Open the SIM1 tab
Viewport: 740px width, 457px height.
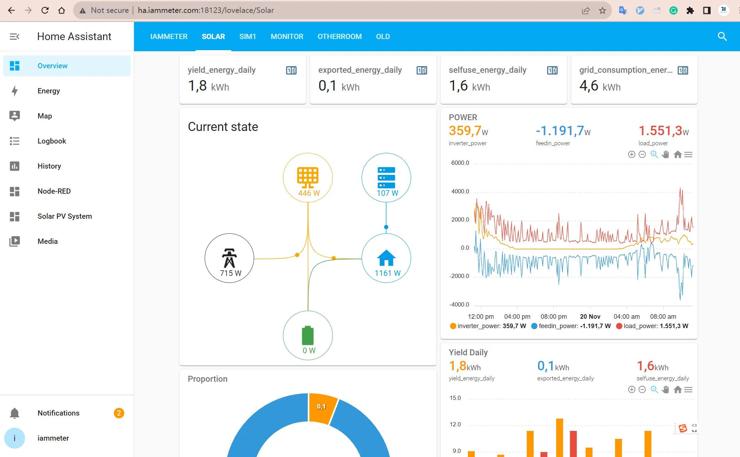point(247,37)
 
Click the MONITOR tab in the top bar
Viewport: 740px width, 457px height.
point(287,37)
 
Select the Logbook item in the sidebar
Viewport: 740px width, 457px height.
point(52,141)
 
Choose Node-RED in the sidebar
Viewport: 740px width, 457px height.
point(54,191)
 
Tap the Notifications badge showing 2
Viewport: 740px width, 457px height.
point(119,413)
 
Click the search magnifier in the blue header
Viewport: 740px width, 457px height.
point(722,37)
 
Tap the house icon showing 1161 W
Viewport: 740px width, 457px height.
point(386,258)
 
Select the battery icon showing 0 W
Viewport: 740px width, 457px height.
point(308,335)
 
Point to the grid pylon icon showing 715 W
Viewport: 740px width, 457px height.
point(229,258)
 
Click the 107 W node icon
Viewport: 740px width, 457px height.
point(386,177)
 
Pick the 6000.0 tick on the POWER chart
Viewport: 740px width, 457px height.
point(460,163)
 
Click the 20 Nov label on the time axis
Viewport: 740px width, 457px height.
point(590,317)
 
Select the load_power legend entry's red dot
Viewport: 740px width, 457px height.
point(619,326)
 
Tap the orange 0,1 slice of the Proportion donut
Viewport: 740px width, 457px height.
point(322,408)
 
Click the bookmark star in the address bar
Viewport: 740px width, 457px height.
point(603,10)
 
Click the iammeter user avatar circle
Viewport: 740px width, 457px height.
point(15,438)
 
